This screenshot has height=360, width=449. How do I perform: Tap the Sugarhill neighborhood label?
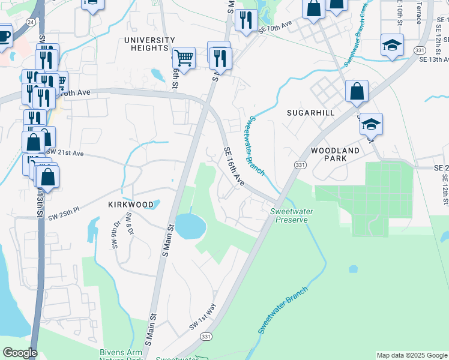[x=310, y=113]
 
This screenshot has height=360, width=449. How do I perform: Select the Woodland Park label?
[x=336, y=154]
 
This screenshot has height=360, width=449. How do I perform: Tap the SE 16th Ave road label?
[x=235, y=167]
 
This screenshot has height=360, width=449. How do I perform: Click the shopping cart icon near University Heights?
[x=184, y=58]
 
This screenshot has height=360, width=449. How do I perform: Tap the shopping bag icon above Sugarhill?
[x=357, y=91]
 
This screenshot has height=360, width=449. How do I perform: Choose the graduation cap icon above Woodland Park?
[x=371, y=124]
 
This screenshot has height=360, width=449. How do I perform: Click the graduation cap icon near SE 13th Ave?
[x=392, y=45]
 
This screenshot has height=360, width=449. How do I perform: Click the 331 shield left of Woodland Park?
[x=300, y=165]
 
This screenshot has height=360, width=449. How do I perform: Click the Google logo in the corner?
[x=20, y=353]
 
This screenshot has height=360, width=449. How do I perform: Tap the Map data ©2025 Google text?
[x=412, y=355]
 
